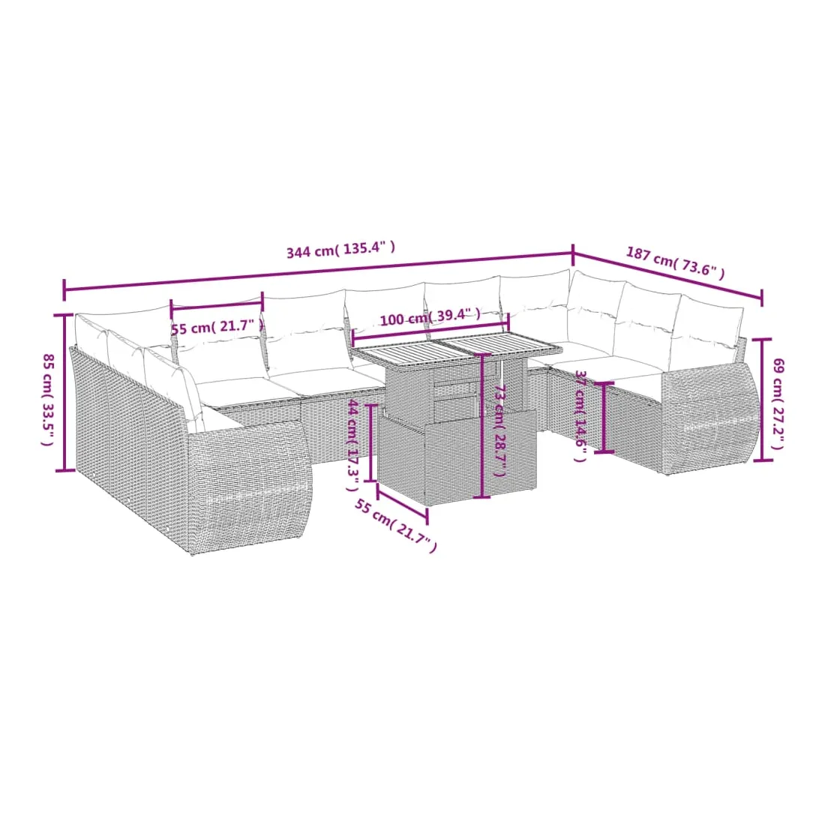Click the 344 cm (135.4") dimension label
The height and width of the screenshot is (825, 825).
(340, 250)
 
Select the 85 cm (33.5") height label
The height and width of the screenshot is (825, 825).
(48, 400)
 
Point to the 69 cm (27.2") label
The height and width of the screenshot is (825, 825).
(778, 403)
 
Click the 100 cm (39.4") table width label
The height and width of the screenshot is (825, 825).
(430, 317)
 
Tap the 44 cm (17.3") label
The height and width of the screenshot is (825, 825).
(353, 445)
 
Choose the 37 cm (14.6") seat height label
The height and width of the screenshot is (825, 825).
(580, 415)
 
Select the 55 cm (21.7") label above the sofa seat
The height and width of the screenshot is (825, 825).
(217, 327)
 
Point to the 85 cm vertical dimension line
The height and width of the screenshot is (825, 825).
(64, 392)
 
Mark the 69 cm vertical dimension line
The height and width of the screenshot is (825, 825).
(763, 400)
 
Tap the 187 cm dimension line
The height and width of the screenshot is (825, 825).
(667, 276)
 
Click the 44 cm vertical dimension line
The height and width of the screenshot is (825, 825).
(371, 442)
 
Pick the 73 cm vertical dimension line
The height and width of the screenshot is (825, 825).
(482, 426)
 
